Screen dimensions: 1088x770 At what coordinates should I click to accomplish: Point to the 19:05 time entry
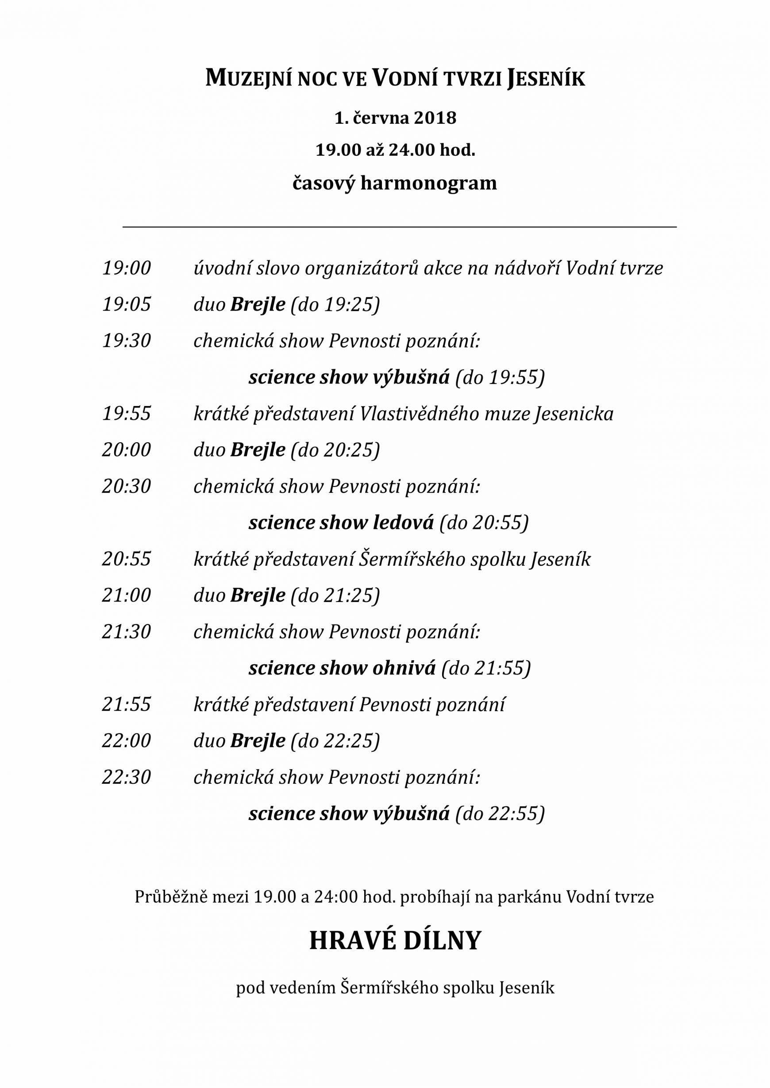126,305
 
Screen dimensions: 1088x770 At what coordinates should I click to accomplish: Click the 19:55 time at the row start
126,414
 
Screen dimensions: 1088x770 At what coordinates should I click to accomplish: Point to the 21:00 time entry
126,595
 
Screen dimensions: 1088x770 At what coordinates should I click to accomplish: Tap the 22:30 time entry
126,777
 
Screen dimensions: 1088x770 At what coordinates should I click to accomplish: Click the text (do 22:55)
500,813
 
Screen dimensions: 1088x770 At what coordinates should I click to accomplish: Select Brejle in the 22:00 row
258,741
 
